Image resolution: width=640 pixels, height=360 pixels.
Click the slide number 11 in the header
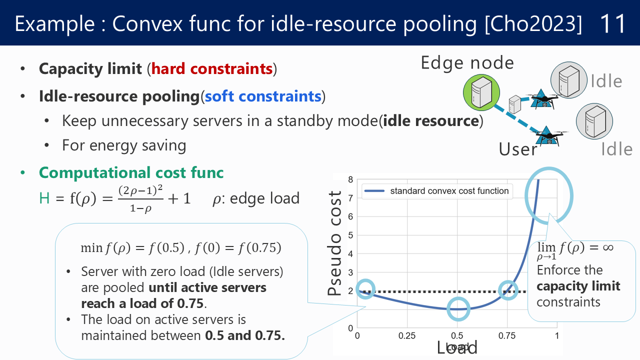(x=613, y=23)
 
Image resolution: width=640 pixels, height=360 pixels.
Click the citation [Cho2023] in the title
(x=533, y=24)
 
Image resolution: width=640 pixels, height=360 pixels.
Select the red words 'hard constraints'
(x=211, y=69)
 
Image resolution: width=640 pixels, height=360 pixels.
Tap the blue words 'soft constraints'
(x=263, y=96)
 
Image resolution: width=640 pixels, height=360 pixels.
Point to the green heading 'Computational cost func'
(x=131, y=173)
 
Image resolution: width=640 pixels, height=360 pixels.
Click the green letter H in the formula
(x=44, y=198)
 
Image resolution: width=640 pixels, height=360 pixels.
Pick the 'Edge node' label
(x=467, y=63)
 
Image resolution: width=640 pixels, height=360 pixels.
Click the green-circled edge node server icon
(x=481, y=92)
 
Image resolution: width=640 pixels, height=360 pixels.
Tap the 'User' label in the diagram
(x=517, y=149)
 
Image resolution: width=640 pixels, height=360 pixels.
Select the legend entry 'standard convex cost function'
(x=449, y=191)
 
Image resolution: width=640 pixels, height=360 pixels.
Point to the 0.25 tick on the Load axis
(x=407, y=335)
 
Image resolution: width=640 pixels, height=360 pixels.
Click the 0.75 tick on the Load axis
(x=507, y=335)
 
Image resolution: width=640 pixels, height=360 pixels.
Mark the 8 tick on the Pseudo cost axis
(x=350, y=179)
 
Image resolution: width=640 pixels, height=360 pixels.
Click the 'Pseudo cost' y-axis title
(x=334, y=243)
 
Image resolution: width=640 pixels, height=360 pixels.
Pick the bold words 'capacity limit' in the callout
(x=578, y=286)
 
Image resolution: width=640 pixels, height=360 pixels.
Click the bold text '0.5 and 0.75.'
(x=245, y=335)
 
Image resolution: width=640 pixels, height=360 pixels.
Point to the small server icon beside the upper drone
(x=514, y=104)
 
